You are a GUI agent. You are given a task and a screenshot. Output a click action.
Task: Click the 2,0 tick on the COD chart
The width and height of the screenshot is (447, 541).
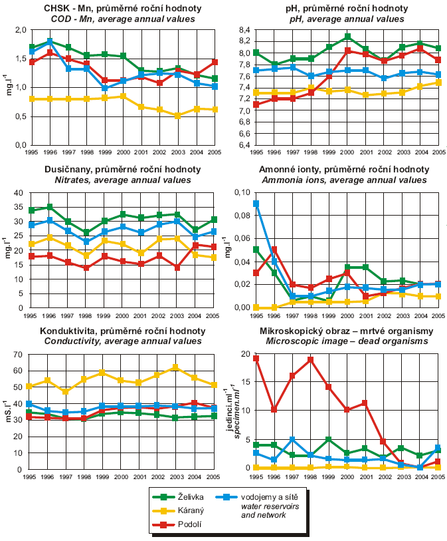pos(17,31)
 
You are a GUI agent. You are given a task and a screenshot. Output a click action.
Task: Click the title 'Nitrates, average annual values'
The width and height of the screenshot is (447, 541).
pos(112,180)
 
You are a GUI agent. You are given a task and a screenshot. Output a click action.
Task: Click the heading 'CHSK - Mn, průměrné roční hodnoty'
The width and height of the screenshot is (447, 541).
pos(111,9)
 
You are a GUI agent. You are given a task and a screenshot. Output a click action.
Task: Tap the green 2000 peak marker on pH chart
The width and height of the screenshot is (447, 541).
pos(347,37)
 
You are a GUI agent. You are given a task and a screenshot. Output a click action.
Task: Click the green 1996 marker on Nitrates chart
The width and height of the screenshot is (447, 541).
pos(50,207)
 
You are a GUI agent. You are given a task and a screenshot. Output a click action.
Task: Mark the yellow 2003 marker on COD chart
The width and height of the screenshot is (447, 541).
pos(177,116)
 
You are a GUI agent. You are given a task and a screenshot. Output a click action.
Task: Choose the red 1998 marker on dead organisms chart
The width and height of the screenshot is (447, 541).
pos(311,359)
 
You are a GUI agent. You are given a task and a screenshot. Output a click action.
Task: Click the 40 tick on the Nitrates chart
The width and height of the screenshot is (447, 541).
pos(18,192)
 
